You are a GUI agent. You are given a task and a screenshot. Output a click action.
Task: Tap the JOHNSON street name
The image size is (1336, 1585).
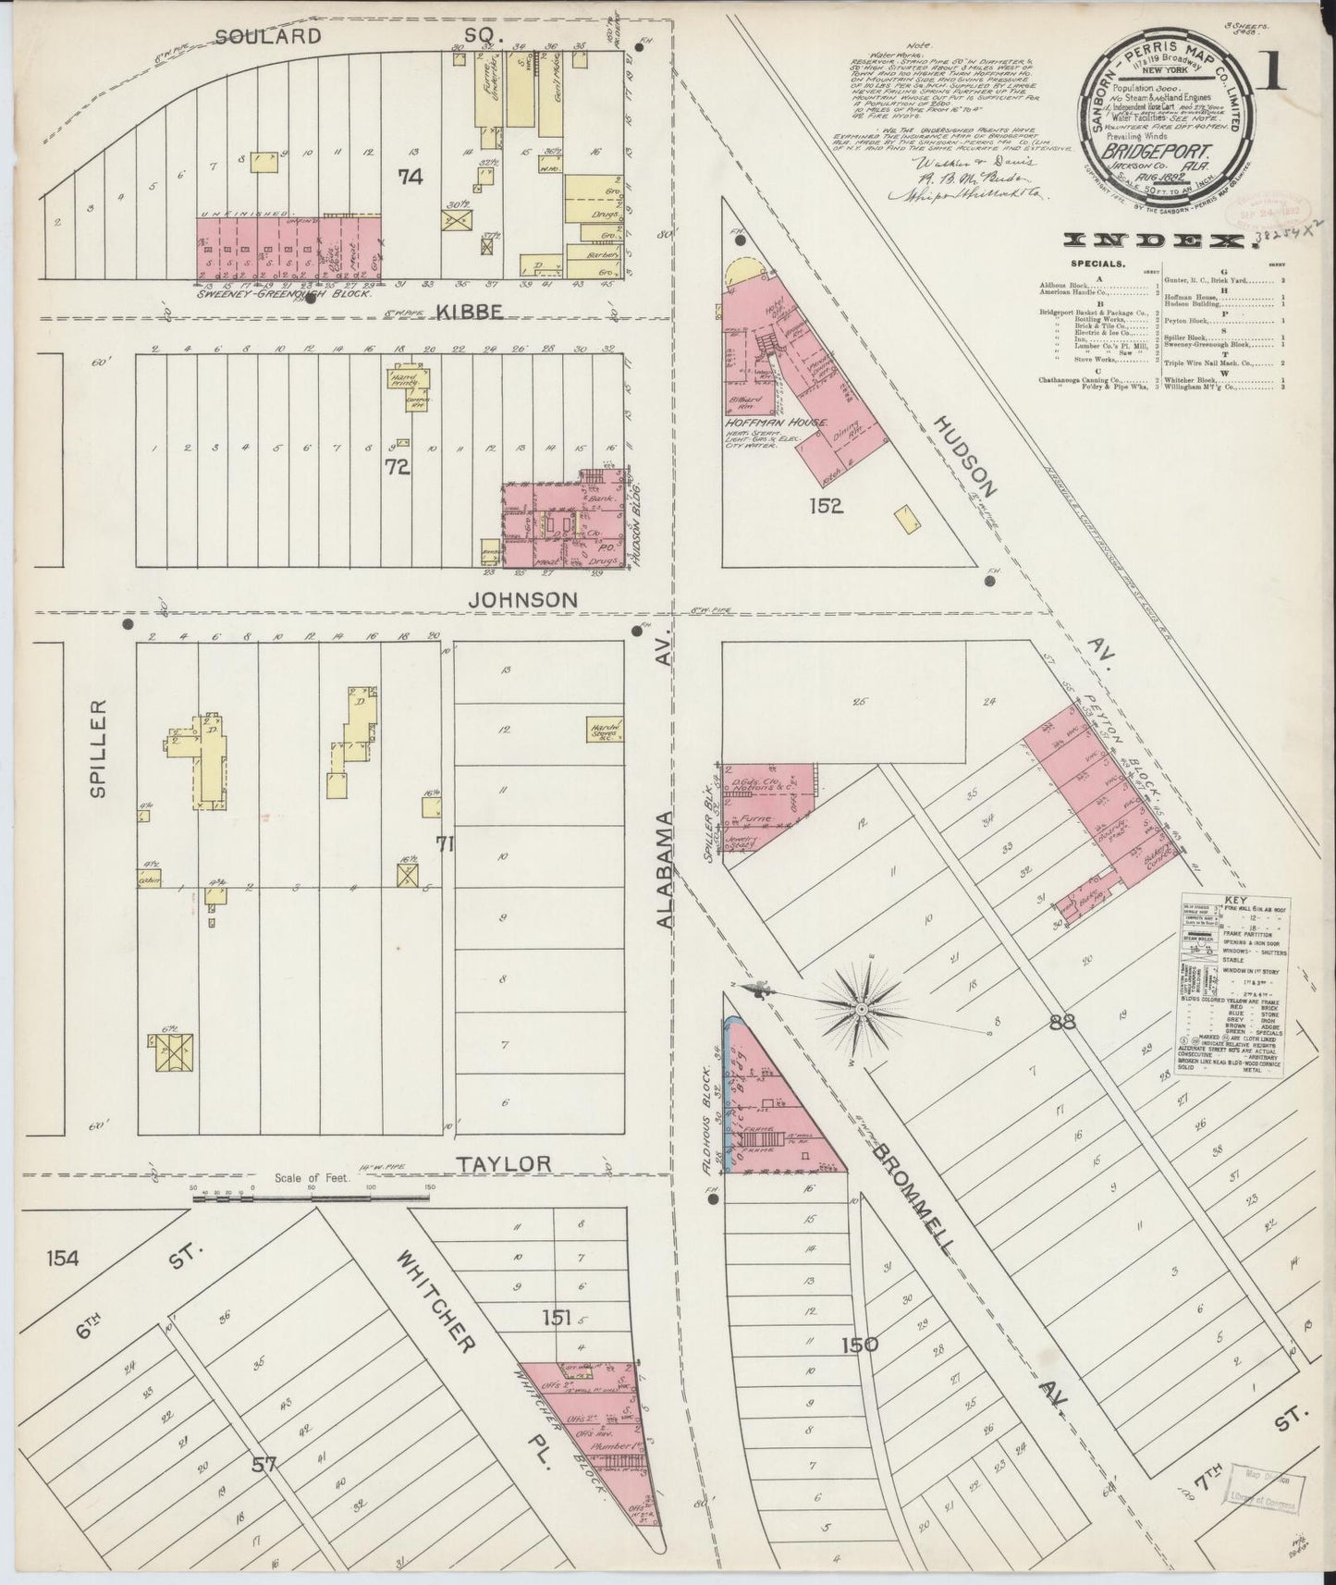[x=522, y=600]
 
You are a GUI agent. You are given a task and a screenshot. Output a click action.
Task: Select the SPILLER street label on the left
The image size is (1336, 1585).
[x=100, y=747]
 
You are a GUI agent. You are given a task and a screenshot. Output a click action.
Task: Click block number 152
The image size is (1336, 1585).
[x=824, y=505]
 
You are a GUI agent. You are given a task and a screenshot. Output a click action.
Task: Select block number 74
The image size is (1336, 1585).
[x=410, y=177]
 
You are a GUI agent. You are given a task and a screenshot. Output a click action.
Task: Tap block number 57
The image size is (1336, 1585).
[x=264, y=1464]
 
